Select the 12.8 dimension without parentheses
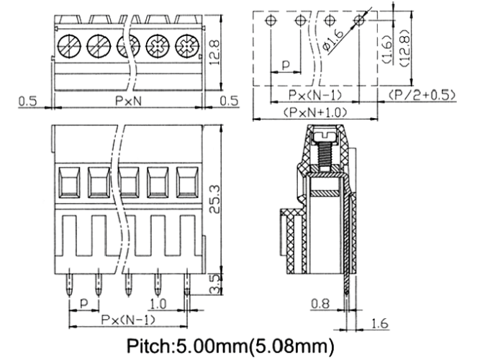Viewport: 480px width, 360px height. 215,52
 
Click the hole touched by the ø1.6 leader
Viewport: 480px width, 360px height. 358,21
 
